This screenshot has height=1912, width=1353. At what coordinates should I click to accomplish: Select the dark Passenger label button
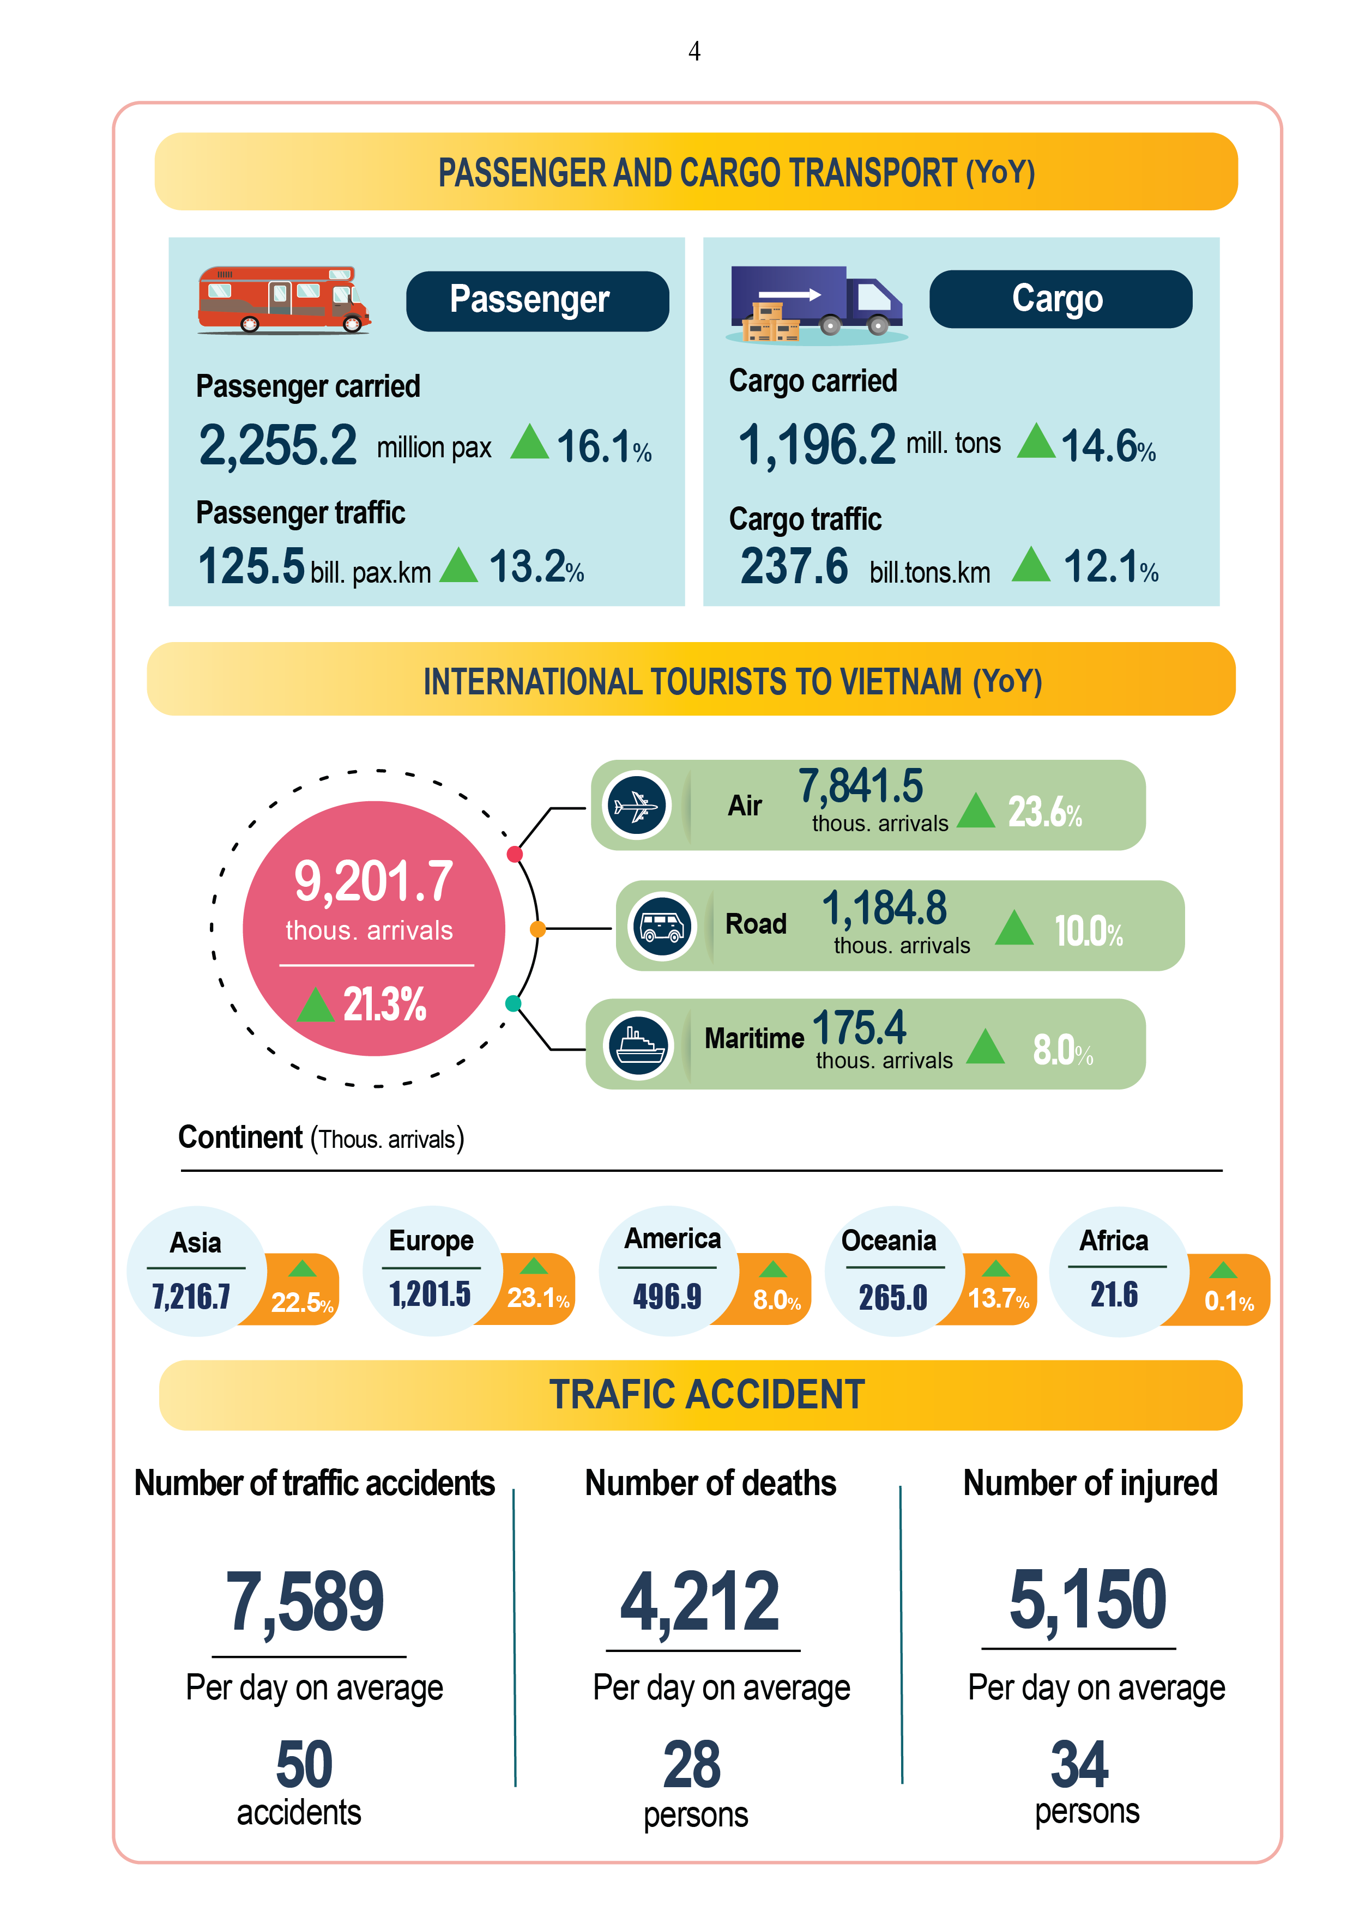(537, 301)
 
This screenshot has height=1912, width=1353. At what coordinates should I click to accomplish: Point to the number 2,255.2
(277, 445)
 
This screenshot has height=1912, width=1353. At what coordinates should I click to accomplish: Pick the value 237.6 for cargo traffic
(794, 567)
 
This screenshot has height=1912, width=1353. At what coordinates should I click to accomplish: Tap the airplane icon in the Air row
(637, 805)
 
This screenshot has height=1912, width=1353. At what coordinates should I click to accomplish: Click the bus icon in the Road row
(662, 926)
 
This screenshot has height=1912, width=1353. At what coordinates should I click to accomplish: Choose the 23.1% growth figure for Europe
(538, 1297)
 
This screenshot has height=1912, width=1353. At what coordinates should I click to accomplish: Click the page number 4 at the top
(694, 52)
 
